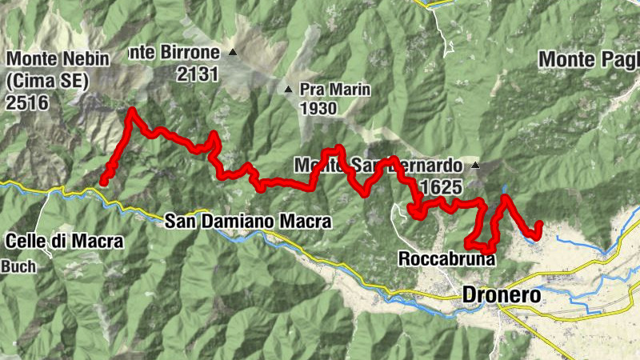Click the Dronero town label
pos(502,295)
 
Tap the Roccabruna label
pos(447,259)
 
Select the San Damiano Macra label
pos(248,220)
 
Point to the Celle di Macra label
pos(65,241)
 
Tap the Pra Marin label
pos(335,89)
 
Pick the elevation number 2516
pos(27,102)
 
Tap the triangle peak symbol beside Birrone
pos(233,53)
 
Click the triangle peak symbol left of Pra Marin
pos(289,89)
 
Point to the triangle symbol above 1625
pos(475,166)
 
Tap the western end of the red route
pos(103,182)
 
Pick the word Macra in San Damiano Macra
pos(303,220)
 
